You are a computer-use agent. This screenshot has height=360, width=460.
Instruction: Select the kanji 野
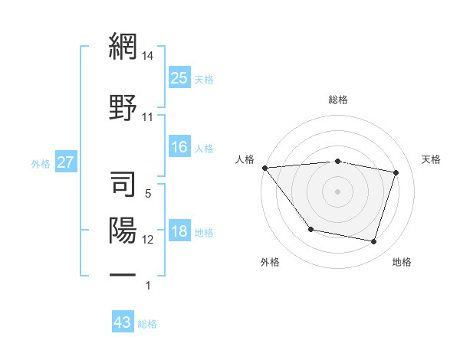(x=123, y=106)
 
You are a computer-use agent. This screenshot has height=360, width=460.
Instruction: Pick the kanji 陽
(x=123, y=230)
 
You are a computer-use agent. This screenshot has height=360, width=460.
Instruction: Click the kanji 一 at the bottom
(x=123, y=274)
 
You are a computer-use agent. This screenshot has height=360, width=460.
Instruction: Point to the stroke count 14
(x=149, y=56)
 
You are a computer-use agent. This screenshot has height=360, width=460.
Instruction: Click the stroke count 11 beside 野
(x=148, y=117)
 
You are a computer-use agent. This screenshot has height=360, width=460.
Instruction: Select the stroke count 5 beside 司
(x=148, y=195)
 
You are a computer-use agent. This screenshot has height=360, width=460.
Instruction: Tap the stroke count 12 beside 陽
(x=148, y=240)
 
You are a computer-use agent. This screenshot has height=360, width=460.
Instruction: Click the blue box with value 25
(x=179, y=77)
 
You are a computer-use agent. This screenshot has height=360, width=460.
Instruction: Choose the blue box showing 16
(x=179, y=147)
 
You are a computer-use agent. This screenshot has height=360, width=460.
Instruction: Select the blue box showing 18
(x=179, y=232)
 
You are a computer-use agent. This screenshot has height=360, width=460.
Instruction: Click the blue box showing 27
(x=66, y=162)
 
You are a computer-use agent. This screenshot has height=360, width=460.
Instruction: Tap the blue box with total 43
(x=123, y=322)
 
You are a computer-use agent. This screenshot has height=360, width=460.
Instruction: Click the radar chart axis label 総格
(x=338, y=100)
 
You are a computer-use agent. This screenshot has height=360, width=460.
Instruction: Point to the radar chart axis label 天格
(x=432, y=159)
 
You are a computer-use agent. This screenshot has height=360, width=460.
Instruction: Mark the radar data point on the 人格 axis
(x=264, y=168)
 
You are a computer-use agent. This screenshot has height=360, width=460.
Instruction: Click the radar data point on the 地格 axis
(x=373, y=242)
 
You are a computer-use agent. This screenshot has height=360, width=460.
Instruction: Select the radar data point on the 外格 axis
(x=310, y=229)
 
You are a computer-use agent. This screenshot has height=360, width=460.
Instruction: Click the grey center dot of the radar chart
(x=337, y=191)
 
